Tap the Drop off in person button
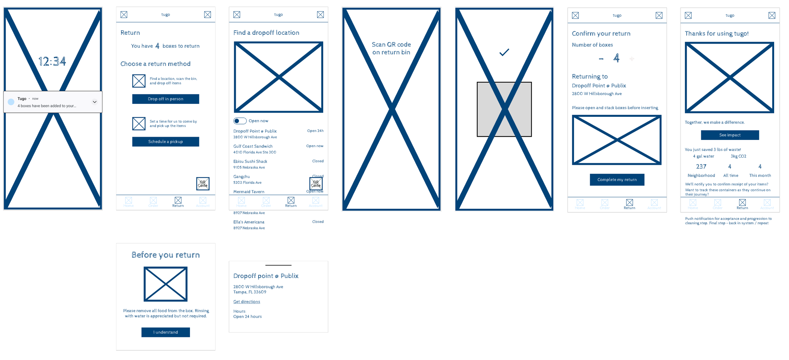click(165, 99)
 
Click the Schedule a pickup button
click(165, 141)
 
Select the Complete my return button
click(617, 180)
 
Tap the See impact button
click(730, 135)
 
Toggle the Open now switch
click(240, 121)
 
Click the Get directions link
click(246, 302)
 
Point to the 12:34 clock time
click(52, 61)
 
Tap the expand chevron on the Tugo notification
click(95, 102)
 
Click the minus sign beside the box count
click(601, 59)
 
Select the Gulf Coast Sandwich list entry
click(253, 146)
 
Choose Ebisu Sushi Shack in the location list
click(250, 161)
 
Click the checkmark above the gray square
click(504, 52)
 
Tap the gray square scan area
click(504, 109)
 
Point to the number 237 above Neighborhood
click(701, 166)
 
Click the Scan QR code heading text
click(391, 48)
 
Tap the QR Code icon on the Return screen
click(203, 183)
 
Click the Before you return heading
click(165, 255)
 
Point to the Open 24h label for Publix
click(315, 131)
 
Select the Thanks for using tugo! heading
click(716, 33)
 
